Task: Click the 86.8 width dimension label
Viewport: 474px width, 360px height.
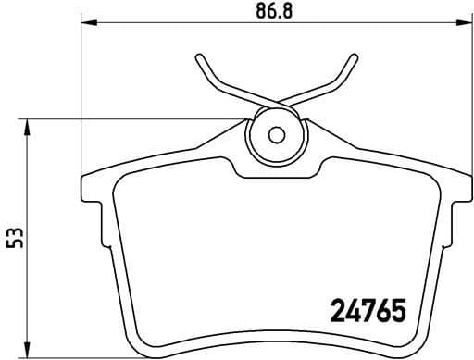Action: point(276,14)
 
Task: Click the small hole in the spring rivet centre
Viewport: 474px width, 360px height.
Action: point(274,133)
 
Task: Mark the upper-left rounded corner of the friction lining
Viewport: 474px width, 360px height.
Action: point(125,181)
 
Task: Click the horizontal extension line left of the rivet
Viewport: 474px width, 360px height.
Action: point(139,119)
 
